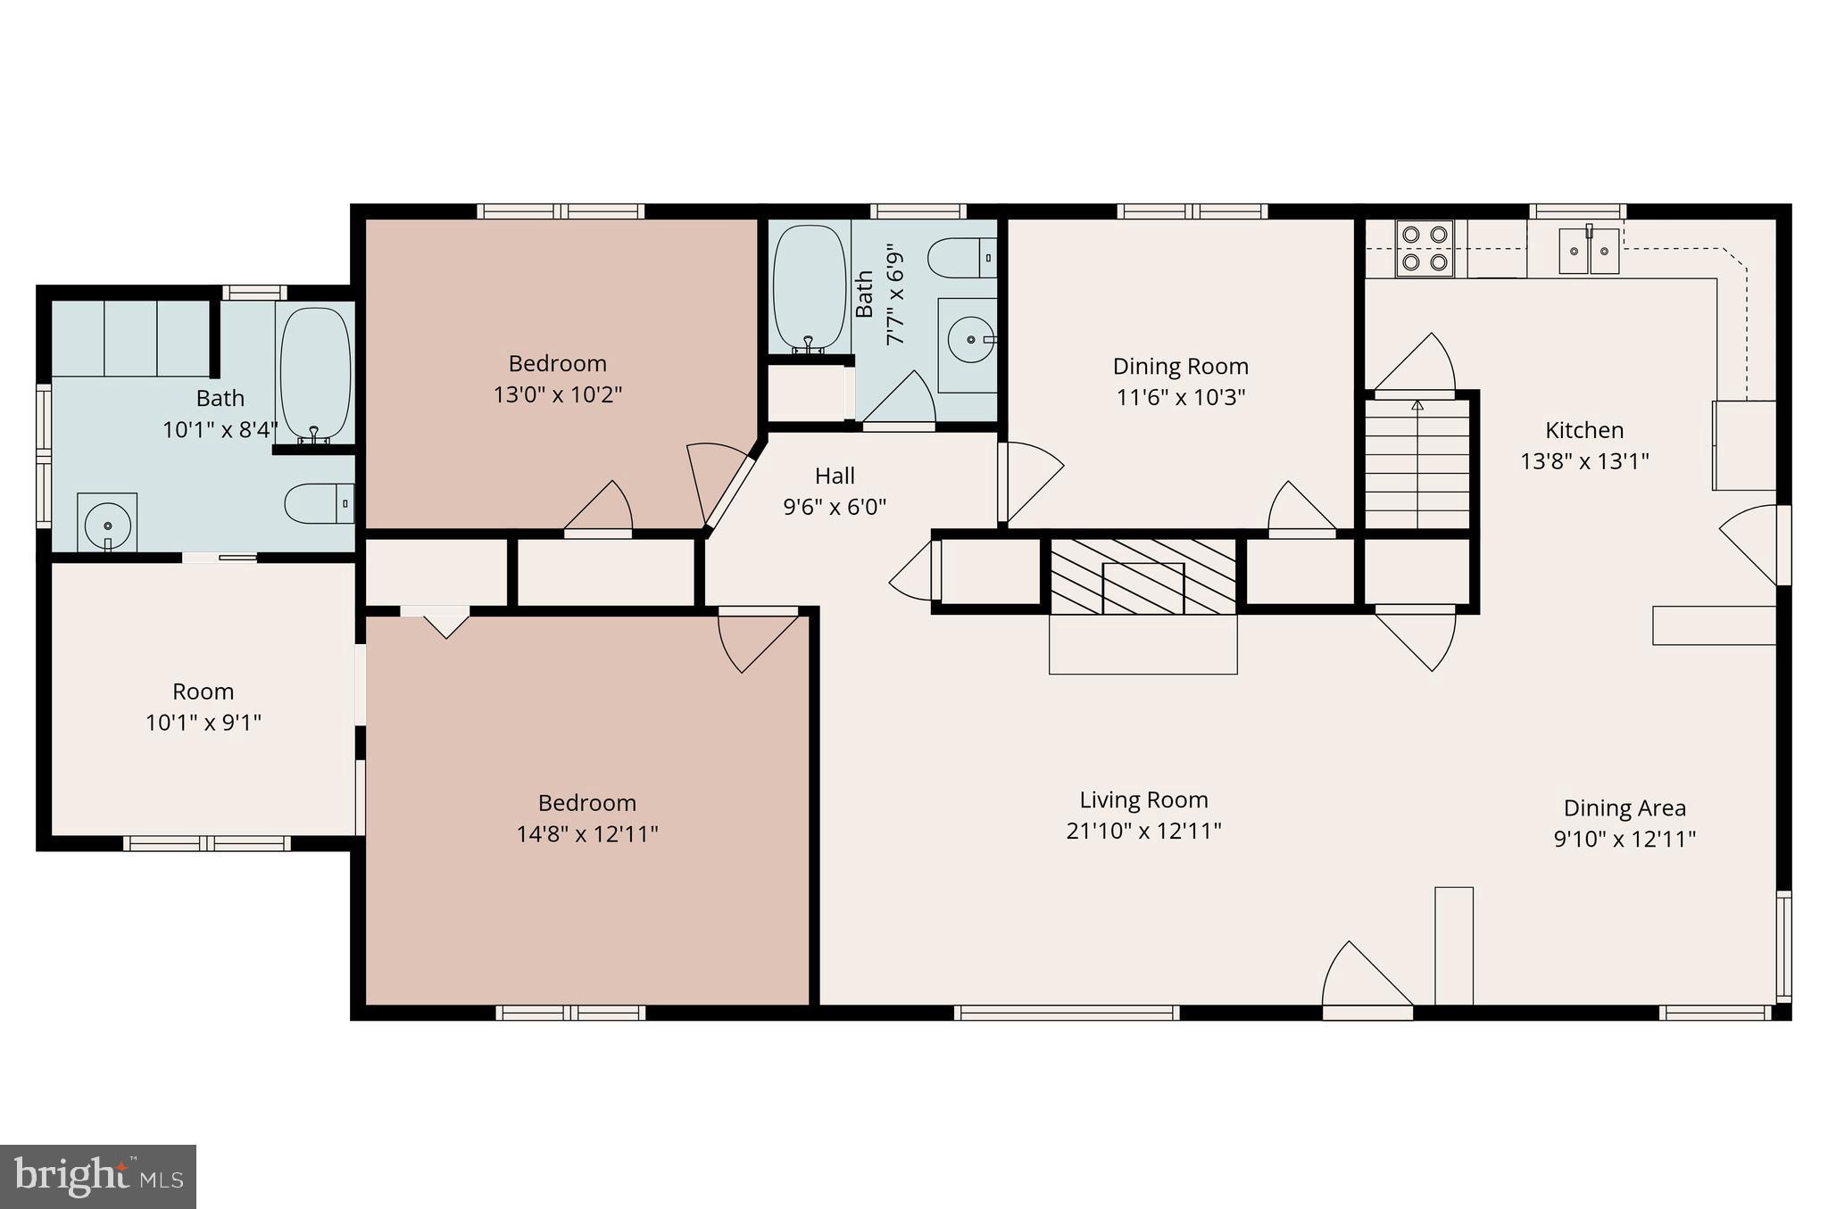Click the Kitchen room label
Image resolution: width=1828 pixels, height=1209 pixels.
pos(1584,430)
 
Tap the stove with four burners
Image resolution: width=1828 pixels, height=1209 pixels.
pos(1425,248)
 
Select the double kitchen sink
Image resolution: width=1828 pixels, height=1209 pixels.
pos(1589,251)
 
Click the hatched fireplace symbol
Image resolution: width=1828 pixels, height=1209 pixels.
pos(1142,576)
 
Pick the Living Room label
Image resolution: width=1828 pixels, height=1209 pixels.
pos(1143,800)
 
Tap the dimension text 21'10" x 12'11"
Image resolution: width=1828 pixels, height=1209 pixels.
pos(1143,831)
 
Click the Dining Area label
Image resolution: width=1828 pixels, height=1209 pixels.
pos(1624,808)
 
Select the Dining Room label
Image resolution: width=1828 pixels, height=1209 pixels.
pos(1180,366)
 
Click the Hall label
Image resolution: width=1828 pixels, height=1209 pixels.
pos(835,476)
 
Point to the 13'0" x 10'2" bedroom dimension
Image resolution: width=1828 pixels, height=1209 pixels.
pos(558,393)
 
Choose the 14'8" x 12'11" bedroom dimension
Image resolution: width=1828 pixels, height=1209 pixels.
pos(587,833)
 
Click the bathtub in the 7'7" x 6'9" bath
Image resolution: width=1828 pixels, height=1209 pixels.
pos(809,287)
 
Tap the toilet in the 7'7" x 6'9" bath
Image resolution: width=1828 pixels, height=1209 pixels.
pos(962,259)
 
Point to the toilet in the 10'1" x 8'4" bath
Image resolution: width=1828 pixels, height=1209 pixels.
pos(320,504)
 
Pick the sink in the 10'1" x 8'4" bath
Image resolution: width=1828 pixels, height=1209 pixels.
pos(107,523)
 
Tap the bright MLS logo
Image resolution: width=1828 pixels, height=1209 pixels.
pos(98,1176)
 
